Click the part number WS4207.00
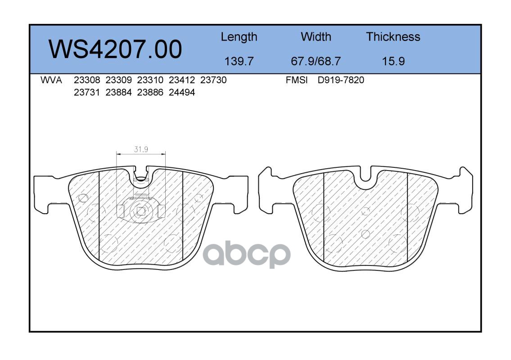[x=115, y=49]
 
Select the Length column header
[x=239, y=37]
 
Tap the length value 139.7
[x=239, y=61]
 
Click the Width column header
[x=316, y=36]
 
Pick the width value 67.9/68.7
[x=316, y=61]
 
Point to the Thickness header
[x=393, y=36]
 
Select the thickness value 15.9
[x=393, y=61]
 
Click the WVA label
[x=51, y=80]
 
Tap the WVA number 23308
[x=87, y=80]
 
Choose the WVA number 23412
[x=181, y=80]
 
